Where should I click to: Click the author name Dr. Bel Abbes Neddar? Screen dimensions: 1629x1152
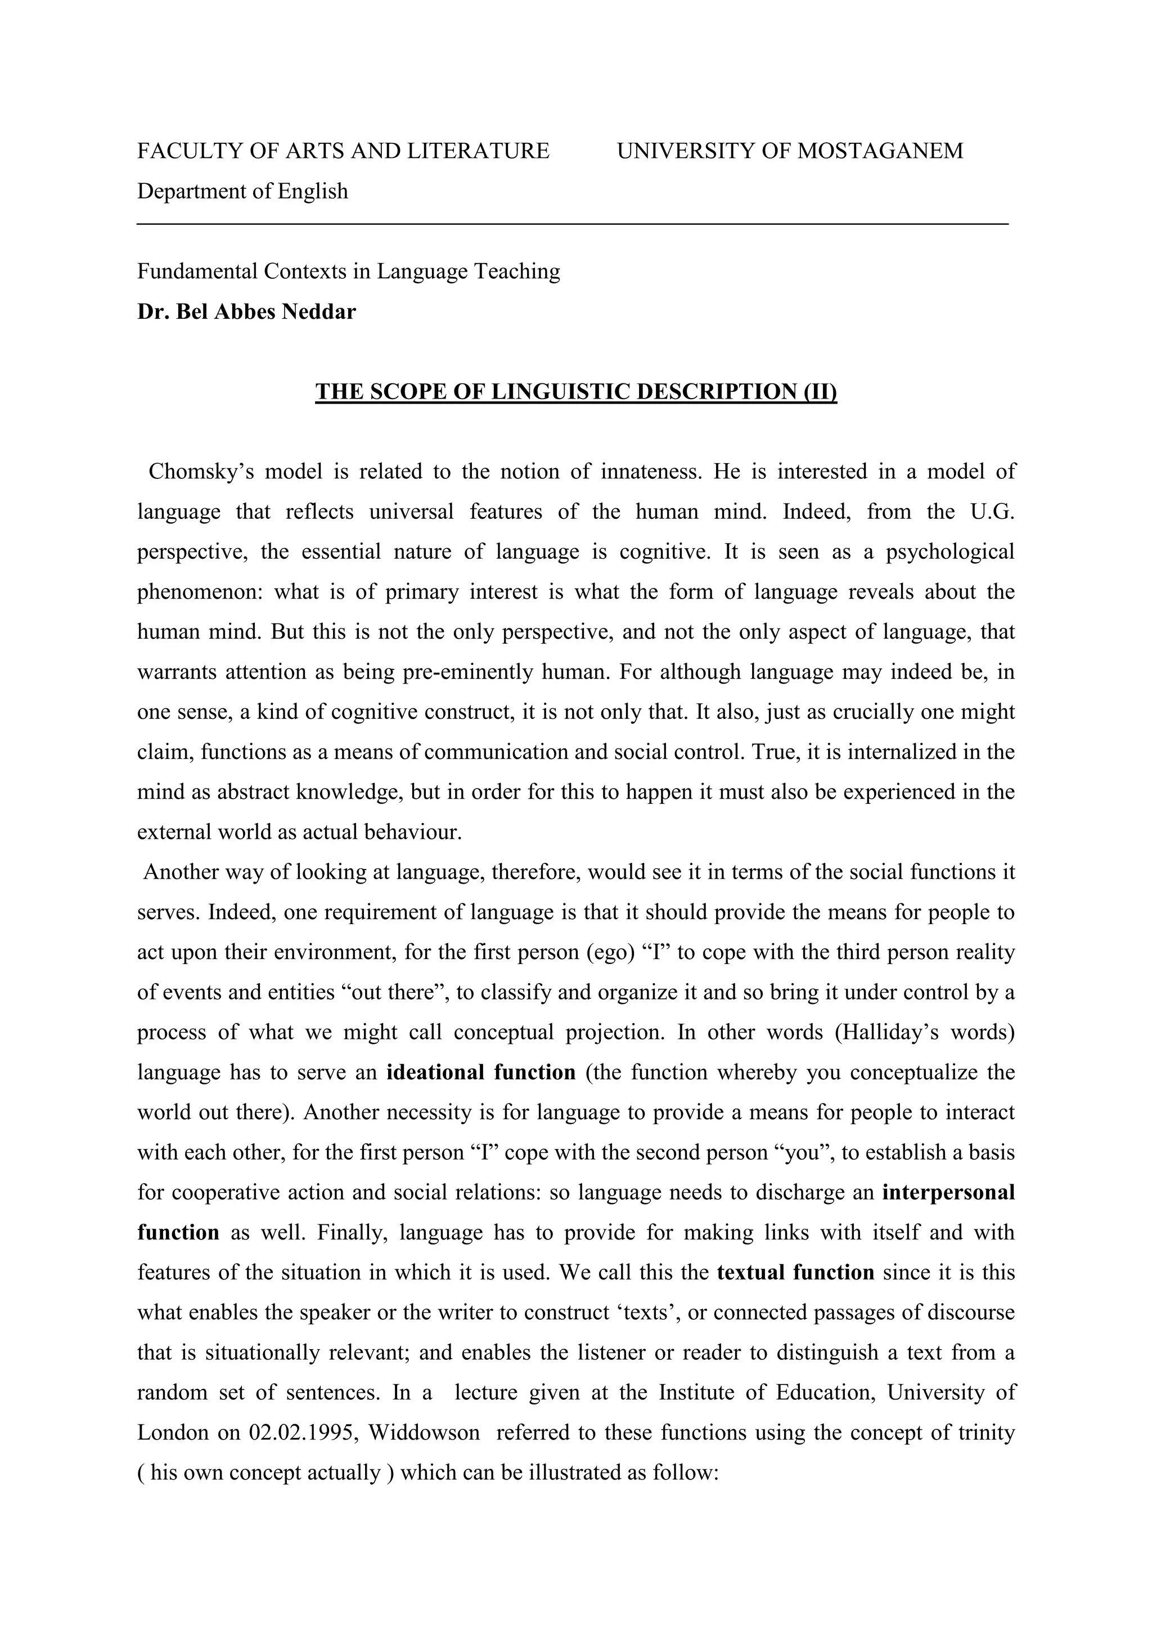[x=246, y=311]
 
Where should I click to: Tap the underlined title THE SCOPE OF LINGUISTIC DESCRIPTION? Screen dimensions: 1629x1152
[x=575, y=392]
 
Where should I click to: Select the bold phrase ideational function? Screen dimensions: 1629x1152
[x=480, y=1072]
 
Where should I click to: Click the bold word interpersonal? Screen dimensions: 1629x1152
[x=948, y=1192]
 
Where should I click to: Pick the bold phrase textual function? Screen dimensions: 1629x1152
[x=796, y=1272]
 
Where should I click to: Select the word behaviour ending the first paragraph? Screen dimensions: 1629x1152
[x=413, y=832]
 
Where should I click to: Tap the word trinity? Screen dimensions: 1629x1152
[x=987, y=1432]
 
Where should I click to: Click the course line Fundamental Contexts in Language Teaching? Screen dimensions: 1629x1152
[x=349, y=271]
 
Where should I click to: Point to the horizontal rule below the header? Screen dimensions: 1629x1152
[x=572, y=224]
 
